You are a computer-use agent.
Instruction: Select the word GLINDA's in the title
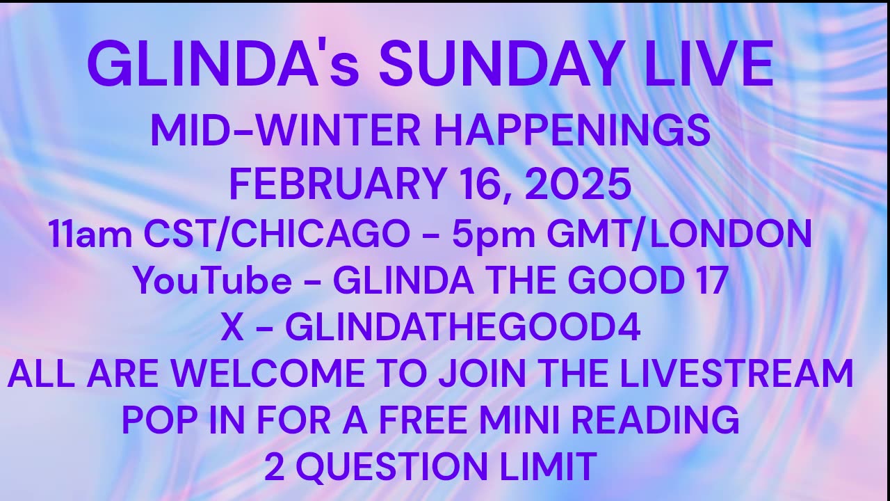pyautogui.click(x=222, y=64)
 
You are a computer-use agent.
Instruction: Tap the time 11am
pyautogui.click(x=90, y=234)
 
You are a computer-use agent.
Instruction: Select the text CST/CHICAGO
pyautogui.click(x=277, y=234)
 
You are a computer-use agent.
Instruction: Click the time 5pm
pyautogui.click(x=489, y=234)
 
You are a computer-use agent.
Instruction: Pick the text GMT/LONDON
pyautogui.click(x=679, y=234)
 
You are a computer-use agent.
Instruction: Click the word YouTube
pyautogui.click(x=212, y=280)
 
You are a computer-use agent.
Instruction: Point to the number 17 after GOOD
pyautogui.click(x=710, y=280)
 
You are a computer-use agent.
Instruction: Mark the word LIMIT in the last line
pyautogui.click(x=553, y=466)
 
